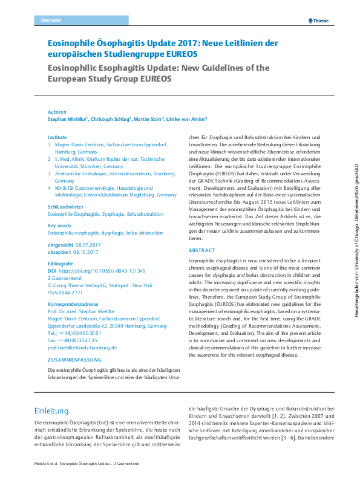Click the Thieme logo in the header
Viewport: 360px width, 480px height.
(318, 20)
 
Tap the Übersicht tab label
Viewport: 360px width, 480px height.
(50, 20)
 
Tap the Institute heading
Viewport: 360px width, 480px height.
(57, 138)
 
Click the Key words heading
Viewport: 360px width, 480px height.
(59, 225)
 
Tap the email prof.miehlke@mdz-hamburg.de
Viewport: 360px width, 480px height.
(82, 348)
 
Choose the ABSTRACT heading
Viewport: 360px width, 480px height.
(201, 250)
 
